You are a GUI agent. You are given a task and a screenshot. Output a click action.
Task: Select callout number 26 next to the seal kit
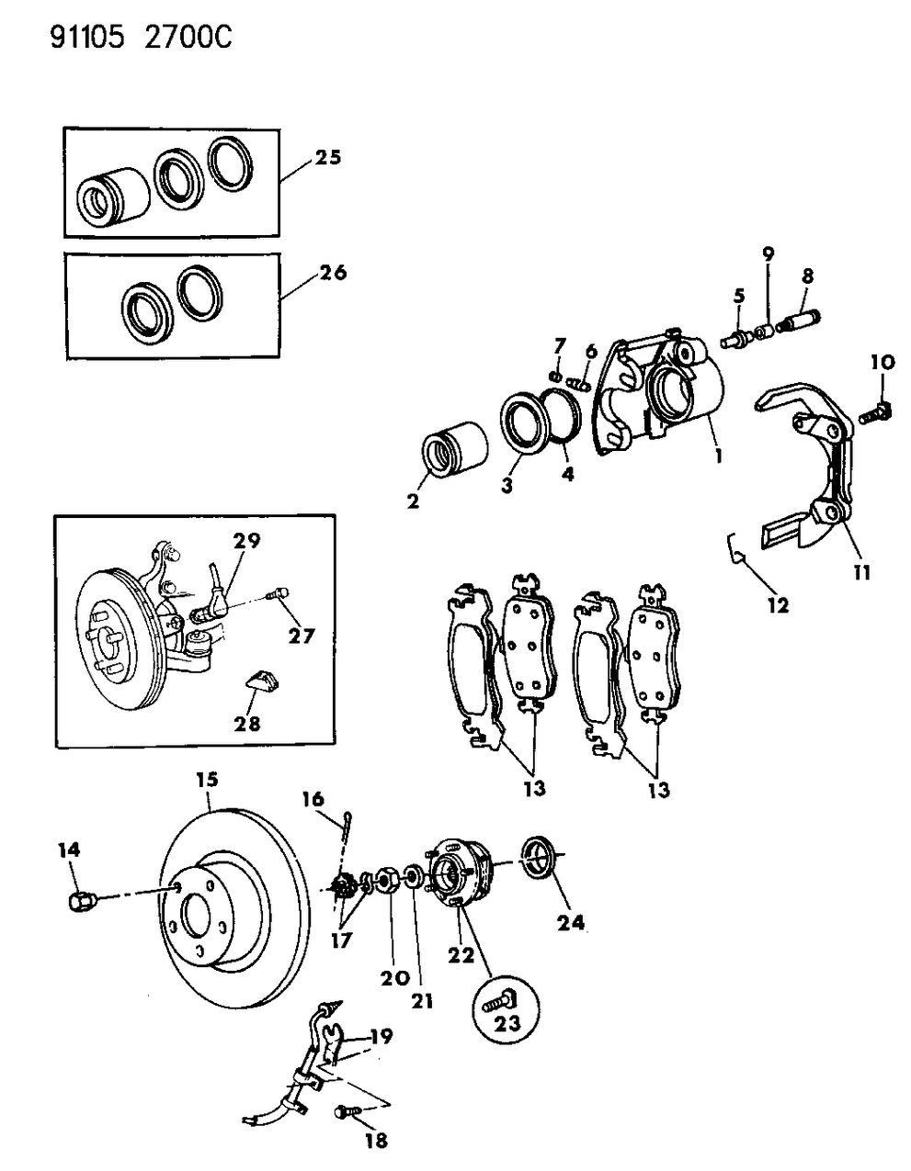(333, 273)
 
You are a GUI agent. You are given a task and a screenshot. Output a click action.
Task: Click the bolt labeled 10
(874, 411)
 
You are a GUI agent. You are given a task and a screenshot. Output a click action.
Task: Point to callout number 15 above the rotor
(207, 780)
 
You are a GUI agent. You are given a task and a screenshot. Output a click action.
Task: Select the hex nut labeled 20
(388, 883)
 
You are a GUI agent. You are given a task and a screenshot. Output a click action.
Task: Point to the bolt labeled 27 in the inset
(278, 594)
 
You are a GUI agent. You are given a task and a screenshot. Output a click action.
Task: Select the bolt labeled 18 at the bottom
(346, 1112)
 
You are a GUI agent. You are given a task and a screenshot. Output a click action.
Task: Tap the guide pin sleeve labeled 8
(802, 324)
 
